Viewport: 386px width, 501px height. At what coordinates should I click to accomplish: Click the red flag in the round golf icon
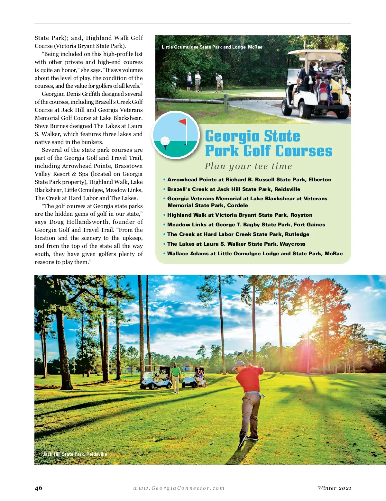(182, 122)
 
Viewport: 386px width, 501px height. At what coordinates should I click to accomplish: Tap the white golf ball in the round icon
(165, 141)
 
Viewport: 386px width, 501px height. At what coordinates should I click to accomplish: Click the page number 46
(38, 488)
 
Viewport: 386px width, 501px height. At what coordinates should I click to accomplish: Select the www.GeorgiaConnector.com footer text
(179, 488)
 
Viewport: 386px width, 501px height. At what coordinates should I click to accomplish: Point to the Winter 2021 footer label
(334, 488)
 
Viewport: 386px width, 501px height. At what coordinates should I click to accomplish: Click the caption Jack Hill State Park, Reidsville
(75, 454)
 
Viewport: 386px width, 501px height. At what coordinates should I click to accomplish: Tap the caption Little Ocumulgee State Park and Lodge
(212, 47)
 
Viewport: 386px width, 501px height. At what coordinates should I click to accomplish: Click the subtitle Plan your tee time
(248, 166)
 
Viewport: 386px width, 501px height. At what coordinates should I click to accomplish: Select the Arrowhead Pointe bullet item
(249, 180)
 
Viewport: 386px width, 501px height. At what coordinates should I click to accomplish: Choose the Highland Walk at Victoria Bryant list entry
(240, 215)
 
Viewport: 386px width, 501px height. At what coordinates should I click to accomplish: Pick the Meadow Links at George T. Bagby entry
(246, 225)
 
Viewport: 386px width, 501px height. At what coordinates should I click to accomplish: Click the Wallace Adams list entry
(255, 254)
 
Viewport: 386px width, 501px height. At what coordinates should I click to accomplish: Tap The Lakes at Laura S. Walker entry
(236, 244)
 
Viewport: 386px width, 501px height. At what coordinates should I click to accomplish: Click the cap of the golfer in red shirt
(238, 365)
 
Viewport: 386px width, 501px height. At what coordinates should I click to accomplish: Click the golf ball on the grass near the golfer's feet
(212, 442)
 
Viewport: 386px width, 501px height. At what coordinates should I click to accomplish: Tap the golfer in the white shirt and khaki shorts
(198, 80)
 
